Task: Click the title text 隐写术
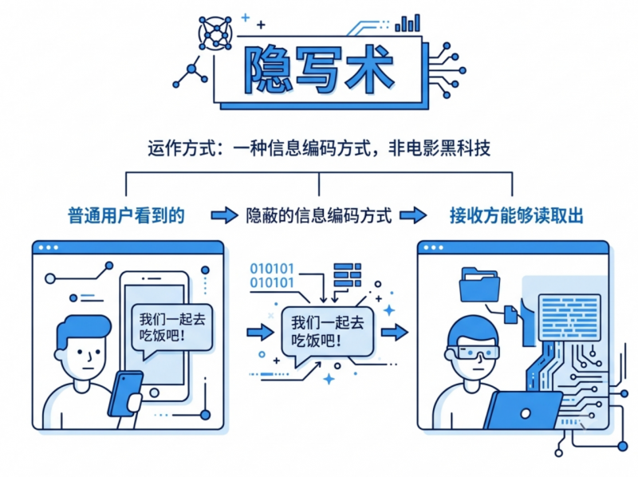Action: [318, 70]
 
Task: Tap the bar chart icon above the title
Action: [408, 23]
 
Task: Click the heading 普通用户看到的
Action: [126, 215]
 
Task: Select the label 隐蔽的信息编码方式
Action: [319, 215]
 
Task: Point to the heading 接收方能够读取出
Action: [516, 215]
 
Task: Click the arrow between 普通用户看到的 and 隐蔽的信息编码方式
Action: [224, 215]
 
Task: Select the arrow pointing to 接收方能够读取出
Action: [413, 215]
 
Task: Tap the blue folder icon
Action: [480, 284]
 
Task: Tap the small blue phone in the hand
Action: [125, 393]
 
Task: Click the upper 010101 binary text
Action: [272, 269]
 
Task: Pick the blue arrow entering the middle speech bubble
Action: [261, 332]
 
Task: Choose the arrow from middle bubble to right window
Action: [395, 332]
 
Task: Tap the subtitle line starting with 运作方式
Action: [319, 148]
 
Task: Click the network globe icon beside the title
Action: [215, 34]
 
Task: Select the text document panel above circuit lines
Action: [569, 317]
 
